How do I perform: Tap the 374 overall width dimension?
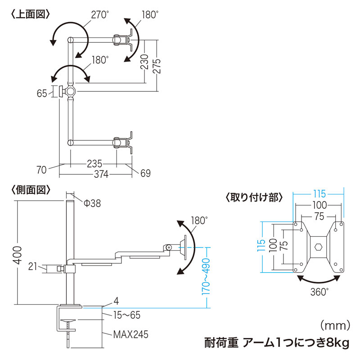point(101,175)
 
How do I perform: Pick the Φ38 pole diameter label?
point(92,203)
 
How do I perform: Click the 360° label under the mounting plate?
point(319,291)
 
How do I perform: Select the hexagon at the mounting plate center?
point(318,247)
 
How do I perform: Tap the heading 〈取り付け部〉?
point(254,197)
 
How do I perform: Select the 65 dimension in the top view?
point(42,93)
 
